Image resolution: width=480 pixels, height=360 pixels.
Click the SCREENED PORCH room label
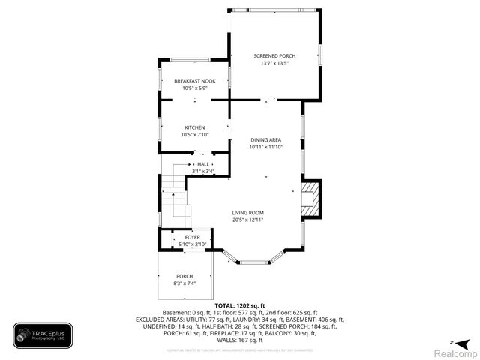click(x=274, y=56)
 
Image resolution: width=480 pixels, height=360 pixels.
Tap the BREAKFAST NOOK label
click(x=194, y=81)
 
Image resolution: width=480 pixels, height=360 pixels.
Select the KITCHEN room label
click(x=194, y=127)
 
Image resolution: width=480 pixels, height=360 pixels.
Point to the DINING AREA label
click(x=265, y=139)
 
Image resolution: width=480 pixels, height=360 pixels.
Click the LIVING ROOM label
click(x=247, y=212)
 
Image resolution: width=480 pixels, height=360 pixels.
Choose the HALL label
click(x=203, y=163)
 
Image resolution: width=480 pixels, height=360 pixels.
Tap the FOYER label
click(x=193, y=237)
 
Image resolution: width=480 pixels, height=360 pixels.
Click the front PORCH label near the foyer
click(x=184, y=275)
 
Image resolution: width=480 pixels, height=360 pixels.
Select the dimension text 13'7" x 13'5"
click(x=274, y=64)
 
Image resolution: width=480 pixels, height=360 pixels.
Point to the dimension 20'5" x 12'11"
click(x=247, y=220)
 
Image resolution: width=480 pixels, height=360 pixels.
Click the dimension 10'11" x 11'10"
click(x=265, y=147)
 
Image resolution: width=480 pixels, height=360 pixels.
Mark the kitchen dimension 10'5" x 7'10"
click(x=194, y=135)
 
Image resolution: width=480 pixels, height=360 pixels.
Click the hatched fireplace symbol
click(x=309, y=199)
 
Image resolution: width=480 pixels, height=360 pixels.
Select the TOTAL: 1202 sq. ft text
click(x=240, y=305)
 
